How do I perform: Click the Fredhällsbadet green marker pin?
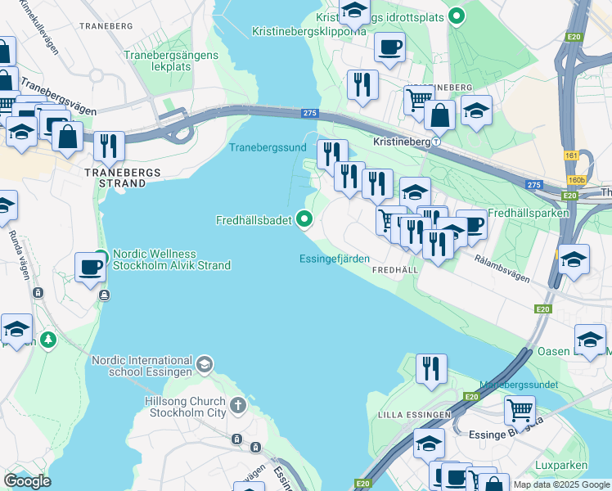pos(305,218)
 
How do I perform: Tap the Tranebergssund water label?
pos(267,147)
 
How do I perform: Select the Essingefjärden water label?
pos(335,259)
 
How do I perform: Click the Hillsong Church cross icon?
pos(238,405)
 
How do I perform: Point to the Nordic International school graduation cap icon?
pos(205,363)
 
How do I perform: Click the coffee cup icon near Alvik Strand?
pos(90,267)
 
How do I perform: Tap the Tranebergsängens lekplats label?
pos(170,61)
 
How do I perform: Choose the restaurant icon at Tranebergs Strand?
pos(109,146)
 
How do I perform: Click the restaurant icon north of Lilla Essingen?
pos(431,368)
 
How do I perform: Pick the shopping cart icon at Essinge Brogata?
pos(520,409)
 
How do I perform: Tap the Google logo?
pos(27,481)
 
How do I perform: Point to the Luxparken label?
pos(560,465)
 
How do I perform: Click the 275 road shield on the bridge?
pos(308,114)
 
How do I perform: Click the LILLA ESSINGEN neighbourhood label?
pos(414,415)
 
